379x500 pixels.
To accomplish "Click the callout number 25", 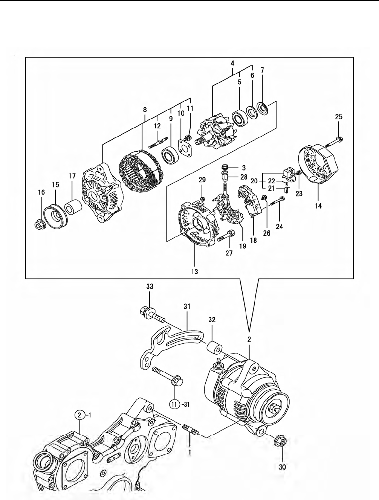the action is pyautogui.click(x=339, y=117).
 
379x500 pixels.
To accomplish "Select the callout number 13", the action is pyautogui.click(x=195, y=271).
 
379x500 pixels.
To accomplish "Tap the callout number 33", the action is pyautogui.click(x=150, y=287).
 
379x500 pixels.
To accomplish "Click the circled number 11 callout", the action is pyautogui.click(x=174, y=405).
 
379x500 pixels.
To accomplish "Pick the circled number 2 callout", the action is pyautogui.click(x=79, y=415).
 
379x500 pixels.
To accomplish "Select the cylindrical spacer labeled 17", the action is pyautogui.click(x=73, y=207).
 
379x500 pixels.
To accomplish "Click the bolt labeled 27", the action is pyautogui.click(x=226, y=236).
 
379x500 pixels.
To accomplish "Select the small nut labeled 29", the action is pyautogui.click(x=202, y=198).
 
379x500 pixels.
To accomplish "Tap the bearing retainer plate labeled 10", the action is pyautogui.click(x=185, y=148).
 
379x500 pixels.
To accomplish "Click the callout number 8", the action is pyautogui.click(x=145, y=110).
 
